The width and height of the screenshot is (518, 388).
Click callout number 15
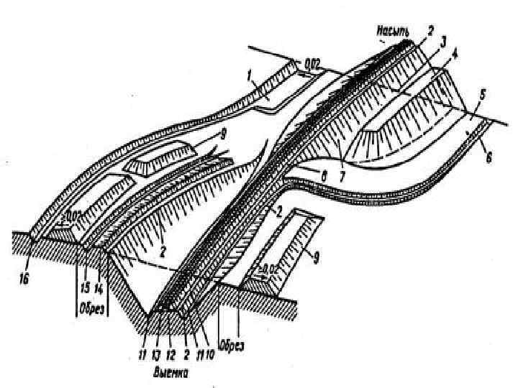point(86,287)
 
